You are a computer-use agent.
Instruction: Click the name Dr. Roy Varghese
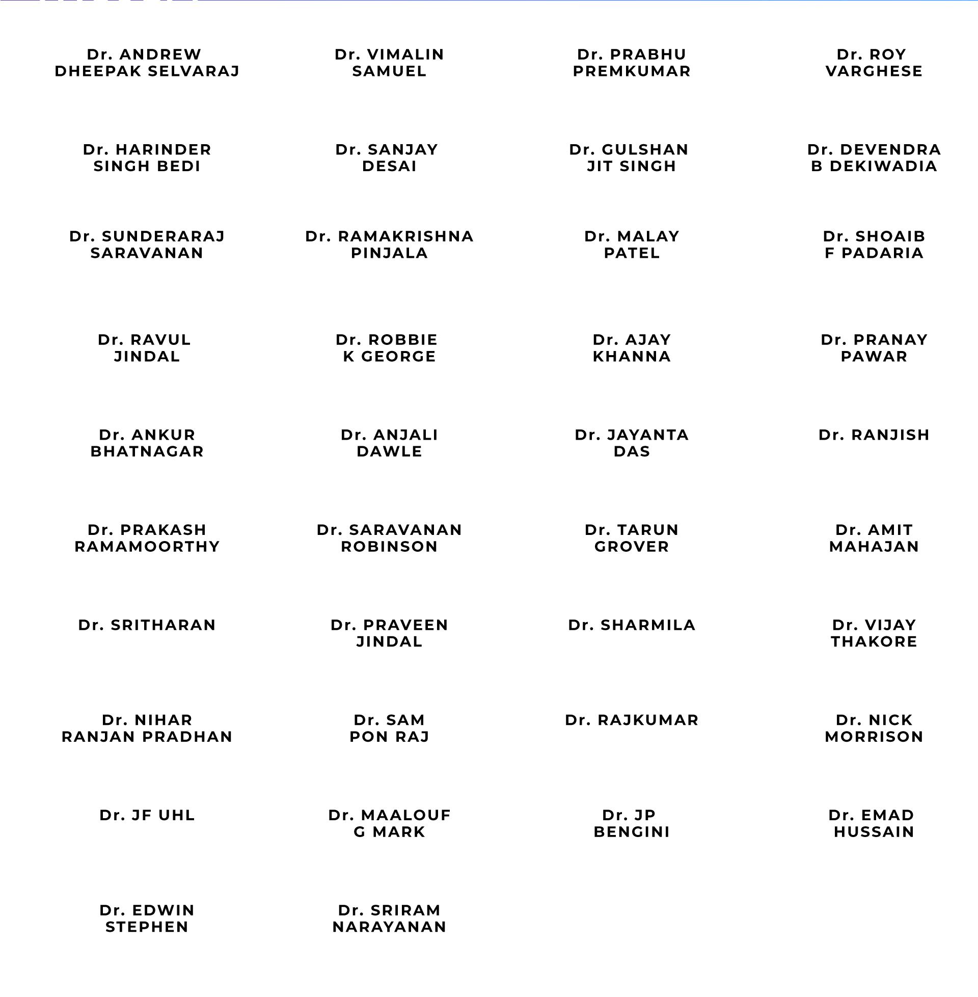point(874,63)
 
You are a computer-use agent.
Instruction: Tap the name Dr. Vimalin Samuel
point(389,63)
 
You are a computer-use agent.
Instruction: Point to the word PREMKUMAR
point(632,71)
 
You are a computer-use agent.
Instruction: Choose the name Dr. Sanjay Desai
point(389,158)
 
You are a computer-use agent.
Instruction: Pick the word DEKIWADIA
point(883,166)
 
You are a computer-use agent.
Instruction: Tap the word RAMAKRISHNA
point(405,236)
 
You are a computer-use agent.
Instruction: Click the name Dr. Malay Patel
point(632,245)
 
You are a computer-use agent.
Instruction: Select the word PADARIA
point(882,253)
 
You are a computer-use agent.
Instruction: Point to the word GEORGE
point(399,356)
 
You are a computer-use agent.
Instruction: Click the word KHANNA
point(632,356)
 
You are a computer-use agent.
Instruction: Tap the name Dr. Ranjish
point(874,435)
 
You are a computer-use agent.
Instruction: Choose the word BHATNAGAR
point(147,451)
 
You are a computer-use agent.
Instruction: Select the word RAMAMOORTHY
point(147,546)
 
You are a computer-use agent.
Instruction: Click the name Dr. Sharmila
point(632,625)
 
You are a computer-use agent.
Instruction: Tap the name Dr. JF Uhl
point(147,815)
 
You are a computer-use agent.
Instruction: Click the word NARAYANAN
point(389,927)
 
